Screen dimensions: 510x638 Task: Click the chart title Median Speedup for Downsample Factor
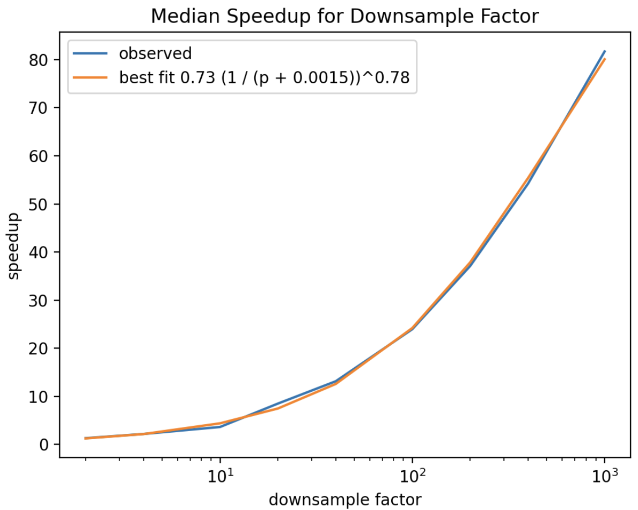coord(344,17)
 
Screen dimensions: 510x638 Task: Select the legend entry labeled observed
coord(156,54)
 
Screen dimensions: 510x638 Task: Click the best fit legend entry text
coord(265,78)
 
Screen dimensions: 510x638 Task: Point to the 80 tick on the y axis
coord(40,60)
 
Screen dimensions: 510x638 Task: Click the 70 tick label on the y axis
coord(40,108)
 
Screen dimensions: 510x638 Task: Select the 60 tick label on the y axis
coord(40,156)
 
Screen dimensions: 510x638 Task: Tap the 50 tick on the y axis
coord(40,205)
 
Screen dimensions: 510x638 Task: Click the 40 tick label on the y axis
coord(40,252)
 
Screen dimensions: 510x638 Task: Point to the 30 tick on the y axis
coord(40,301)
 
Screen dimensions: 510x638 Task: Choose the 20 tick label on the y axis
coord(40,348)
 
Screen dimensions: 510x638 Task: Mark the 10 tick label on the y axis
coord(40,397)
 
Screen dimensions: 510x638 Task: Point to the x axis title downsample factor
coord(344,499)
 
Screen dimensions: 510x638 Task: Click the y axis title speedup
coord(14,245)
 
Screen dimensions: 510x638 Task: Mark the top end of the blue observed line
coord(605,51)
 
